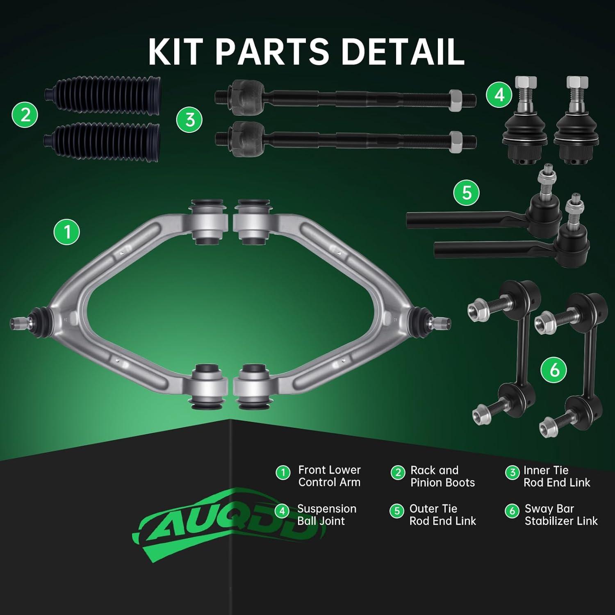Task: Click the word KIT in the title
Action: pos(178,52)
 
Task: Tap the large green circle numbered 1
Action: pos(67,232)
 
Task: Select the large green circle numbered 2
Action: pos(25,114)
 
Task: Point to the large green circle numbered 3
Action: pos(189,120)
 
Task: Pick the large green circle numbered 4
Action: pos(499,95)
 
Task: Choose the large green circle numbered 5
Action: pos(467,192)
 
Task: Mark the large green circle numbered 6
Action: pos(554,370)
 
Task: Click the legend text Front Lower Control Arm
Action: pos(329,476)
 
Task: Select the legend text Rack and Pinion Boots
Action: pos(442,476)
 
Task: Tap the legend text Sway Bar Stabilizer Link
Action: pos(561,515)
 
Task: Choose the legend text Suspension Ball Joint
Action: pos(326,515)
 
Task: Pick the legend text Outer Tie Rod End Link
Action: pos(442,515)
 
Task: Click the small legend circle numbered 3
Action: pos(512,473)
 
